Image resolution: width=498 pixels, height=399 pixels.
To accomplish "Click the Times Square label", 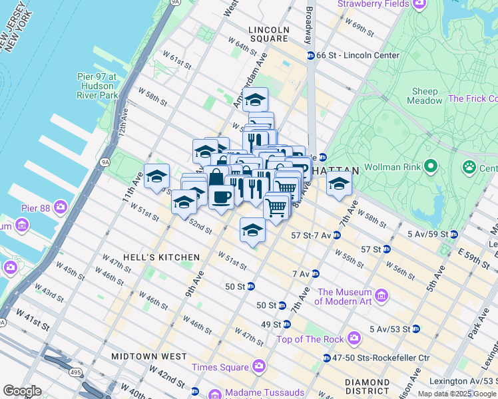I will pyautogui.click(x=219, y=367).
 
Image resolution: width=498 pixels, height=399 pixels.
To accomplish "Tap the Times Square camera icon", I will pyautogui.click(x=258, y=366).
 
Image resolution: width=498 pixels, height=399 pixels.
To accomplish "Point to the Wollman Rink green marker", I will pyautogui.click(x=431, y=165).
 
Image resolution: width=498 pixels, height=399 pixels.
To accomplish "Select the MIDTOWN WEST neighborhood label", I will pyautogui.click(x=149, y=356).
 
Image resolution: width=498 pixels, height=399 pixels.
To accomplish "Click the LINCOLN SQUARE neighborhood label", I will pyautogui.click(x=268, y=34).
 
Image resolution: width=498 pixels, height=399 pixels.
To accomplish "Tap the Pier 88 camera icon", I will pyautogui.click(x=61, y=207).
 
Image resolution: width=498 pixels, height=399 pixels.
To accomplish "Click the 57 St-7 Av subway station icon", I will pyautogui.click(x=336, y=235).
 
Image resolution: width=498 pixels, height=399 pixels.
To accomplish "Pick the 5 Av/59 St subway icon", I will pyautogui.click(x=453, y=234).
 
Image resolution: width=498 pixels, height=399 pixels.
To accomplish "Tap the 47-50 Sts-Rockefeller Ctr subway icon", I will pyautogui.click(x=326, y=358).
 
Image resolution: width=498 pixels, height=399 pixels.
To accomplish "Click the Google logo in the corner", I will pyautogui.click(x=22, y=391).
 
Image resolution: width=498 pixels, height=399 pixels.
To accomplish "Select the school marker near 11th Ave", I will pyautogui.click(x=156, y=176).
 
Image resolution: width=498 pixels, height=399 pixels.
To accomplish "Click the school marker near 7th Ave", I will pyautogui.click(x=339, y=183).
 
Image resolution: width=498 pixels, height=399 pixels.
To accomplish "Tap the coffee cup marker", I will pyautogui.click(x=221, y=196).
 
